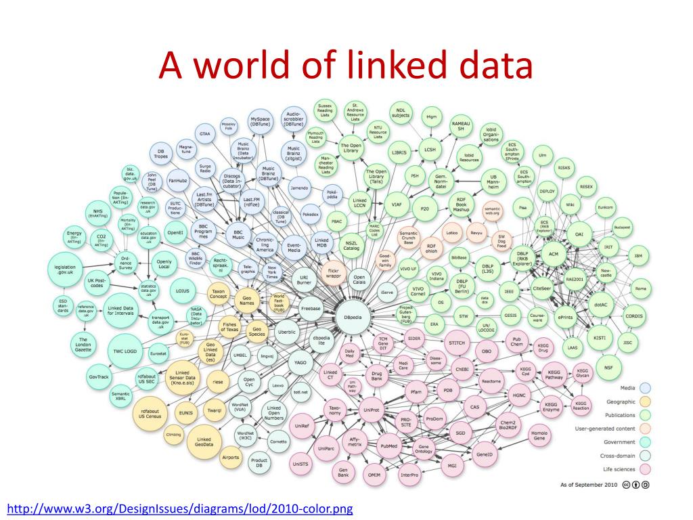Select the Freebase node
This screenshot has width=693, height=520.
(310, 307)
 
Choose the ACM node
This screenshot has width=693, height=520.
(554, 253)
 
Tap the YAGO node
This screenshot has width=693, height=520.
(298, 362)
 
